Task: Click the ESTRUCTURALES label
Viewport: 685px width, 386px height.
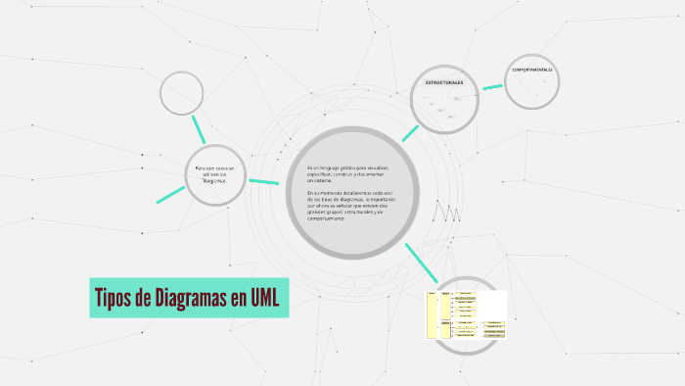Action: click(443, 82)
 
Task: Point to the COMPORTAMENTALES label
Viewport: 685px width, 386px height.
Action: click(531, 72)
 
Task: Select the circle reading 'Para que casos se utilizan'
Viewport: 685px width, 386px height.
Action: click(213, 174)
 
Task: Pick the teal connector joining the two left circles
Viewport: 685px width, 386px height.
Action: click(200, 127)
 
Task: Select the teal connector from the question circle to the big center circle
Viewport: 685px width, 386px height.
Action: click(263, 180)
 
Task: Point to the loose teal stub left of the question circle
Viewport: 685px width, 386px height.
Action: click(170, 194)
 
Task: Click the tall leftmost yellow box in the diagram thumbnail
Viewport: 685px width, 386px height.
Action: click(431, 314)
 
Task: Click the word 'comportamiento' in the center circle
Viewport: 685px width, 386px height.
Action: click(325, 217)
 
